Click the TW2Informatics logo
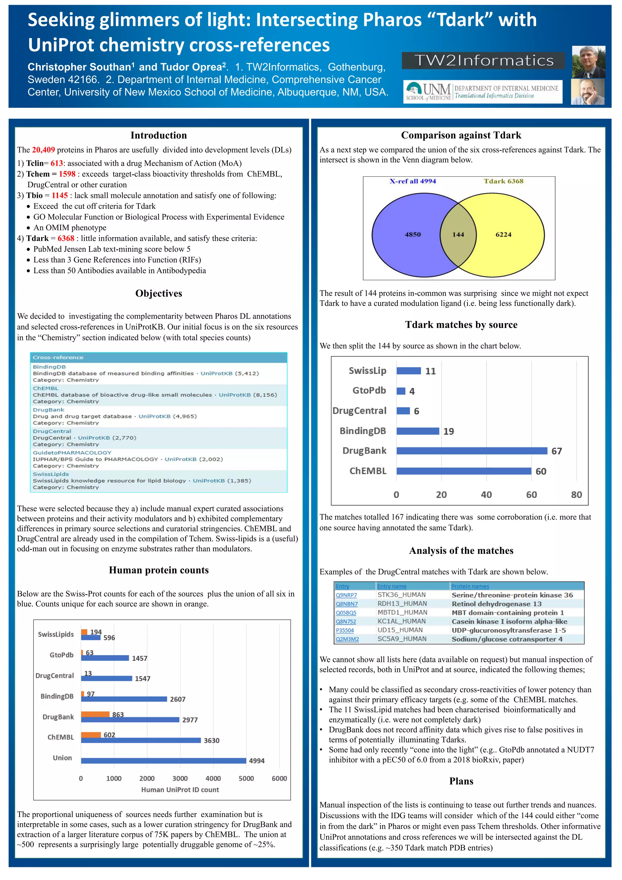point(483,60)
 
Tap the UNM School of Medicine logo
point(483,92)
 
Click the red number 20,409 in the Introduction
point(43,150)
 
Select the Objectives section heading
point(159,294)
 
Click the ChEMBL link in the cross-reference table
point(46,388)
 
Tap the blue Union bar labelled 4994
point(163,761)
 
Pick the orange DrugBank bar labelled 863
point(95,714)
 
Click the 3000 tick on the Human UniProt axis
point(179,778)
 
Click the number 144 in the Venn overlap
point(458,235)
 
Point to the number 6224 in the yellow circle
point(503,235)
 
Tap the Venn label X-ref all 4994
point(412,181)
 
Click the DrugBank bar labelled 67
point(472,451)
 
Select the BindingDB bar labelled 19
point(418,431)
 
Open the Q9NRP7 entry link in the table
point(346,595)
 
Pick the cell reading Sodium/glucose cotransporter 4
point(507,639)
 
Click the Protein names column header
point(470,586)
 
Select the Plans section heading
point(461,781)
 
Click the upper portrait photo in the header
point(588,62)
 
